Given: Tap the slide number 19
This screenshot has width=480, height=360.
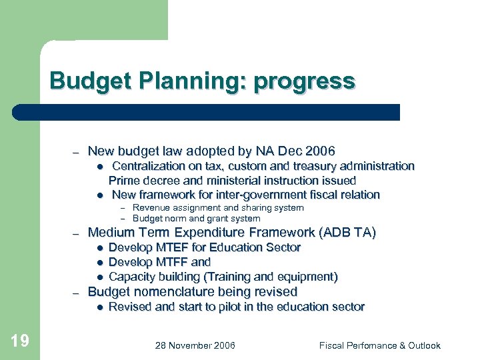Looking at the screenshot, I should click(x=20, y=341).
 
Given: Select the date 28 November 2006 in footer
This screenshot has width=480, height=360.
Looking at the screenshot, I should click(x=195, y=345).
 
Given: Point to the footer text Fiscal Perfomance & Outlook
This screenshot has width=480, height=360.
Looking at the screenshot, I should click(x=379, y=345).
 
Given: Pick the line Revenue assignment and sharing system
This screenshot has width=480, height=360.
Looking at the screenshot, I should click(x=218, y=208).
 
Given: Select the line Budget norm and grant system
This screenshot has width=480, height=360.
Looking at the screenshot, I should click(x=196, y=218).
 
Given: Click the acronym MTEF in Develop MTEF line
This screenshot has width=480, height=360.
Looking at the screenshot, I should click(x=171, y=247).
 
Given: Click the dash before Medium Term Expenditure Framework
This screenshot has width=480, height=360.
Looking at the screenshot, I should click(x=77, y=233).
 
